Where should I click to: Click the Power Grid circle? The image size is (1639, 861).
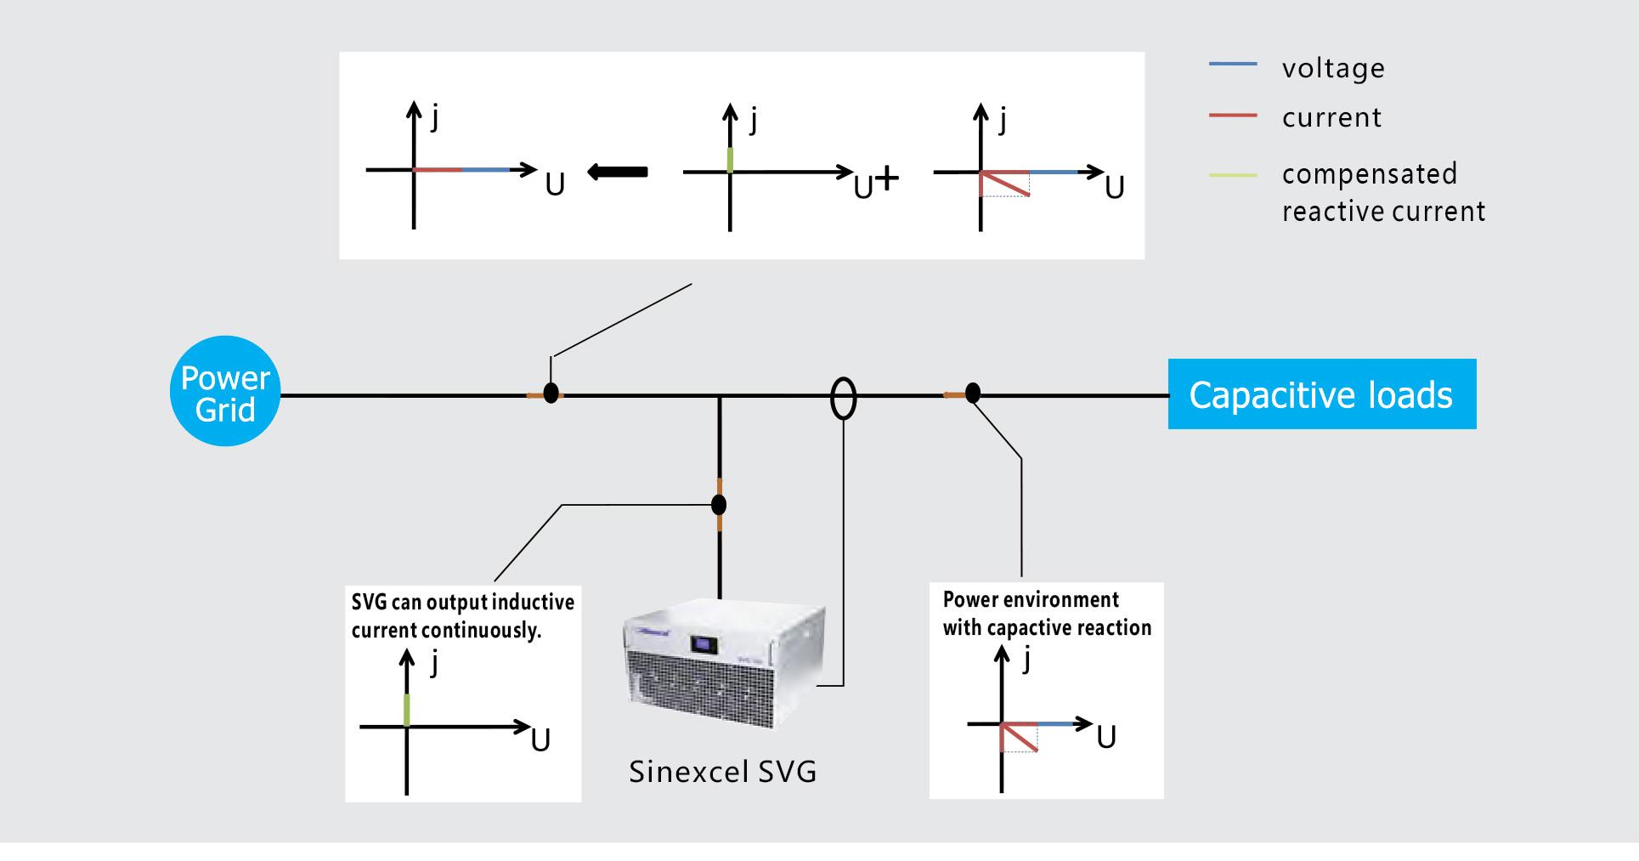225,392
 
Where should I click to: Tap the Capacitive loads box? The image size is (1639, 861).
1321,394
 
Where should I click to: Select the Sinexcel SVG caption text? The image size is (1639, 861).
722,772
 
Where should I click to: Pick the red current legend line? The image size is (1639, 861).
1232,115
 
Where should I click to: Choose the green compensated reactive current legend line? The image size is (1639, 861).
1232,175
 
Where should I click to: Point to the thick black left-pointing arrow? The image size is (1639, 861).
618,172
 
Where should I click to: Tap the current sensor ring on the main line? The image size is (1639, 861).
843,398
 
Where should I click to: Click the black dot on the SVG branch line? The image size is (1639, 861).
719,505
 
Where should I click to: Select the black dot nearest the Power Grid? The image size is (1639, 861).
551,394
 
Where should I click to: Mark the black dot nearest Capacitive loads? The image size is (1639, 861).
973,393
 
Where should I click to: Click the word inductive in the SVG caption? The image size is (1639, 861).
533,603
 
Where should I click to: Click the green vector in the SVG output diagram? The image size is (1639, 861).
407,710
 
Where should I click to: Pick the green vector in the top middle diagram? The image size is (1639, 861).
730,159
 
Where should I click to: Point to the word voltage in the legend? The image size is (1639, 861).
1333,68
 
